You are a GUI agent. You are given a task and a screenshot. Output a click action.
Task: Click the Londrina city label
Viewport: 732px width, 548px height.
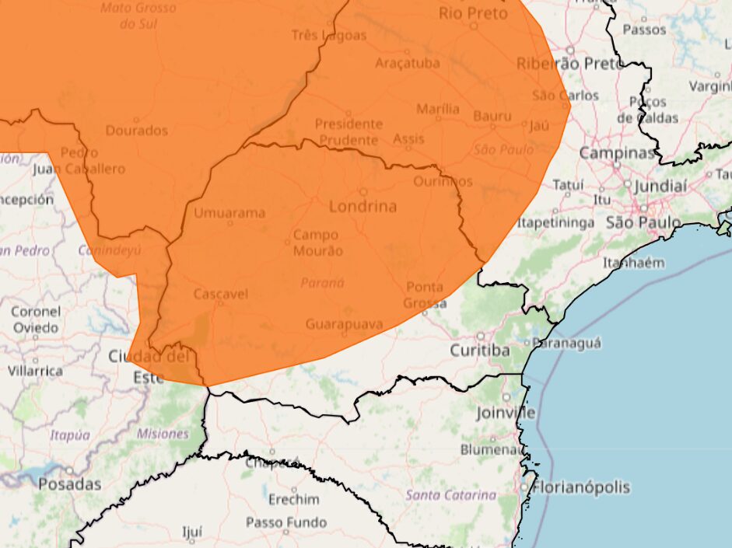pyautogui.click(x=362, y=207)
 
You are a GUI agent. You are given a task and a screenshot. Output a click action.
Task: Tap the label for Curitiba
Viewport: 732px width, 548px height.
pyautogui.click(x=480, y=351)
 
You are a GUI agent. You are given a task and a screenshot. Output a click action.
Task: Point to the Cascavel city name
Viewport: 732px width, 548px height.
pyautogui.click(x=220, y=294)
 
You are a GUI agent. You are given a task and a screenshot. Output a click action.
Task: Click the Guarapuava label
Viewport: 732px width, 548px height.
pyautogui.click(x=345, y=323)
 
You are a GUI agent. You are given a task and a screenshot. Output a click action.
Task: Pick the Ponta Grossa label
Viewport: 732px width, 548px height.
pyautogui.click(x=426, y=295)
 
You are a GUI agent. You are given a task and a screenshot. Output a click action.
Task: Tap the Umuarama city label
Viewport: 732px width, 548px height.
pyautogui.click(x=229, y=212)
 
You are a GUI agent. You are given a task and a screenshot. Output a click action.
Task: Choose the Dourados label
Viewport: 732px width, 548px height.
pyautogui.click(x=137, y=130)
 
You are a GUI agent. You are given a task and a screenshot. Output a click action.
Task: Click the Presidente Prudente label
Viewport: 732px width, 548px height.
pyautogui.click(x=348, y=131)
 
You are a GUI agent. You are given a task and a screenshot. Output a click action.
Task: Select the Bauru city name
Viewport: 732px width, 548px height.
pyautogui.click(x=492, y=117)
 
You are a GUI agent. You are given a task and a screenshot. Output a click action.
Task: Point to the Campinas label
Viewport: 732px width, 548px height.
pyautogui.click(x=617, y=153)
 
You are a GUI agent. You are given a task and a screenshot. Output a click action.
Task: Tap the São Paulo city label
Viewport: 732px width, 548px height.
pyautogui.click(x=643, y=223)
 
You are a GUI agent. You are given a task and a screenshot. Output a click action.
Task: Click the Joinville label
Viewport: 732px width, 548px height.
pyautogui.click(x=506, y=413)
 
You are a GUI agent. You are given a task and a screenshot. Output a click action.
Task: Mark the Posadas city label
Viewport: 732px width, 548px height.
pyautogui.click(x=70, y=483)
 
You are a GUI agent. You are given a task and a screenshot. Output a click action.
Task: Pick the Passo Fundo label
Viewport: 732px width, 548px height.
pyautogui.click(x=286, y=522)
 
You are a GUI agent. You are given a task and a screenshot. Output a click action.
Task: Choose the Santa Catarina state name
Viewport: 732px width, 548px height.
pyautogui.click(x=451, y=494)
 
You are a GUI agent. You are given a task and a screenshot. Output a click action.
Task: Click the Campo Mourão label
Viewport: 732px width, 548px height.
pyautogui.click(x=316, y=243)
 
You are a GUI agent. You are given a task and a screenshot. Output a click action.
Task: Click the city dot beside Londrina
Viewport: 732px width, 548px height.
pyautogui.click(x=363, y=191)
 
